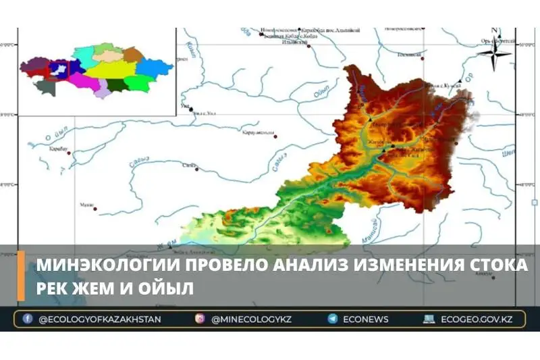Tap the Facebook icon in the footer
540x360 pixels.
[28, 319]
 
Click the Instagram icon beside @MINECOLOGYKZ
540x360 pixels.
[200, 319]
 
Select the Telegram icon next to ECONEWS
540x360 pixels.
[333, 319]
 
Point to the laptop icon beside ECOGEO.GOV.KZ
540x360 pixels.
[429, 319]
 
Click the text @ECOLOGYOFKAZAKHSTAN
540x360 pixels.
[99, 319]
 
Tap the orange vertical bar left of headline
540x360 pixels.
[21, 276]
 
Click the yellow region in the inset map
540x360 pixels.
[111, 69]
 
